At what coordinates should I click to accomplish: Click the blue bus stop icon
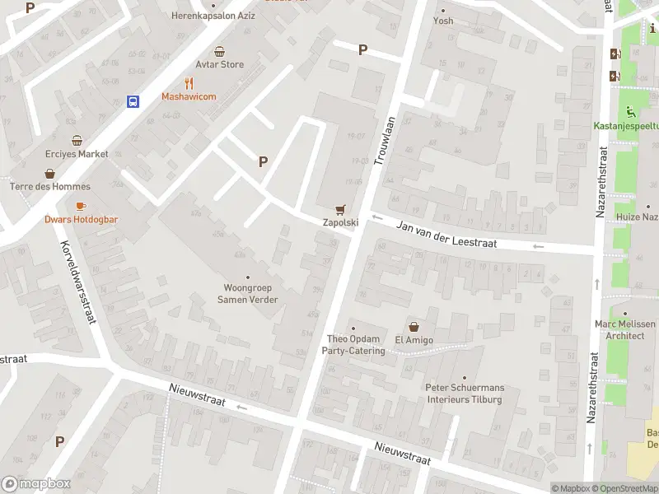[132, 101]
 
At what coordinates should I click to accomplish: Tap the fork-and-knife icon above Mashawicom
[189, 82]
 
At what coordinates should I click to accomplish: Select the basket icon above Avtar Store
[219, 51]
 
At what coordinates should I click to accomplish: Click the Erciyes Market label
[77, 154]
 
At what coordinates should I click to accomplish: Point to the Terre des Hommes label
[49, 187]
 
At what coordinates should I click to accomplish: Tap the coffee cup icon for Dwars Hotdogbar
[81, 206]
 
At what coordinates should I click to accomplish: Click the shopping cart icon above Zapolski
[339, 209]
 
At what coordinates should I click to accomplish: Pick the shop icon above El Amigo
[414, 326]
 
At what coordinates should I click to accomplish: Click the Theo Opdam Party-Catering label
[355, 345]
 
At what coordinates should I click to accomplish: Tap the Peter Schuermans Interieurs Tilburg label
[465, 394]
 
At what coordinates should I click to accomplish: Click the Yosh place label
[443, 21]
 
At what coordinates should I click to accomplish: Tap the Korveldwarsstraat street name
[79, 281]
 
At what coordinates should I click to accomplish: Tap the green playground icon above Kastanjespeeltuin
[631, 112]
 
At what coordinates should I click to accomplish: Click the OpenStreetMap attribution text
[626, 488]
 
